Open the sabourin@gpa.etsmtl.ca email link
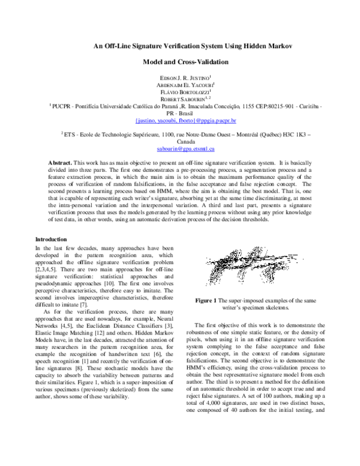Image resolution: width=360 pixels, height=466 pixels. (181, 148)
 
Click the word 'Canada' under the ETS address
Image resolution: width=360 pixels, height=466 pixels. (181, 143)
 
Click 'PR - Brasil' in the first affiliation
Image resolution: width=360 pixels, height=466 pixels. (181, 113)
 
